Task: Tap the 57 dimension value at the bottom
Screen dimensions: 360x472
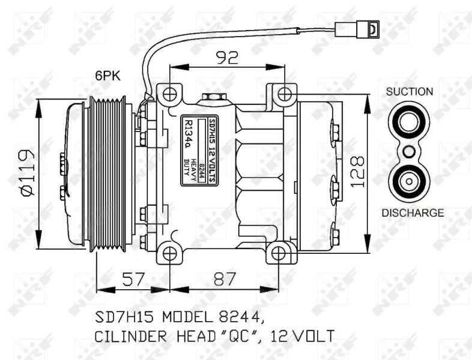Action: [x=133, y=279]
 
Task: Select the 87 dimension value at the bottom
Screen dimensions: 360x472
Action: [x=224, y=279]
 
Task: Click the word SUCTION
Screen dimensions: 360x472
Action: [x=409, y=92]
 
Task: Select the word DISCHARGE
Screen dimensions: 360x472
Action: [x=413, y=212]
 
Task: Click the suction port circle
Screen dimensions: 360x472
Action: [x=409, y=122]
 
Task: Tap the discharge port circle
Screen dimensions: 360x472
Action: [x=409, y=181]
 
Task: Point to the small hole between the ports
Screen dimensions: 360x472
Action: [x=409, y=152]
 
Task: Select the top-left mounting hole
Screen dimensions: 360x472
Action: [x=171, y=94]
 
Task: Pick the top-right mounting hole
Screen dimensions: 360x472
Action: [x=285, y=94]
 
